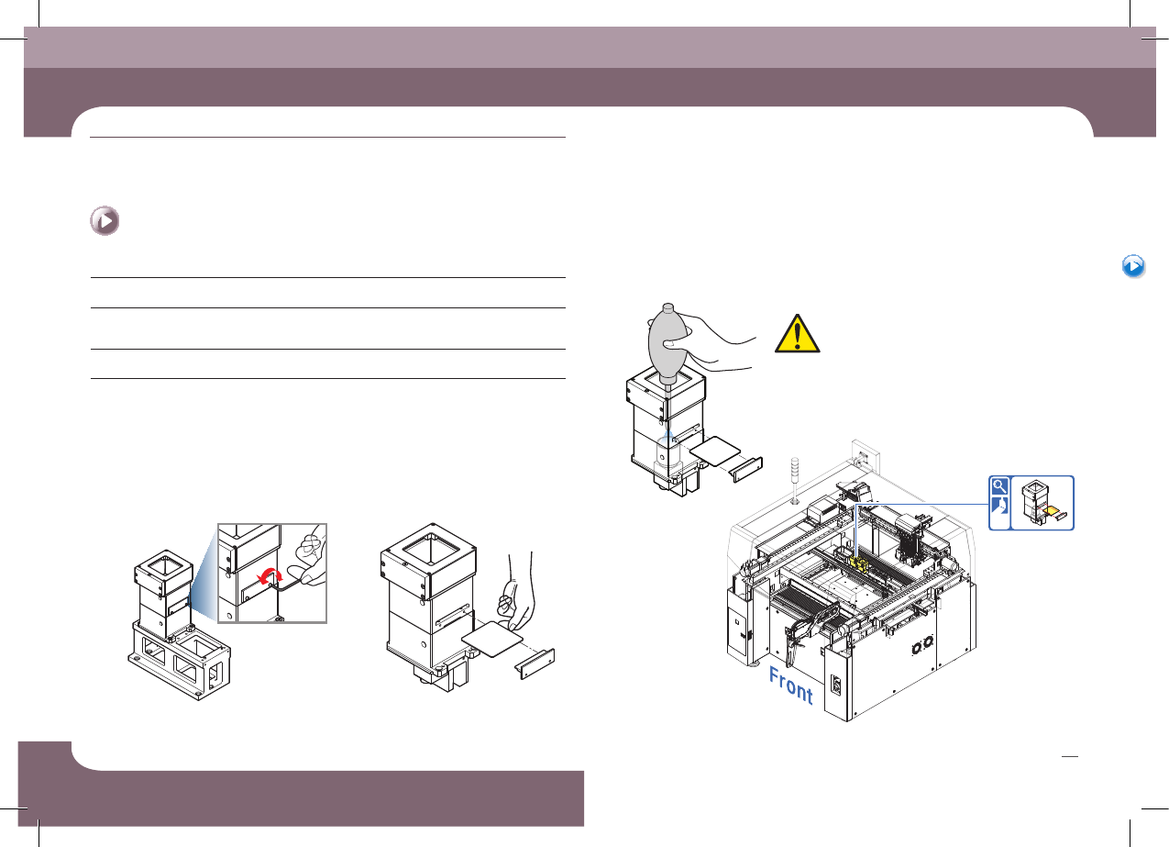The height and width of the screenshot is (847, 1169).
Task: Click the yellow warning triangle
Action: tap(797, 334)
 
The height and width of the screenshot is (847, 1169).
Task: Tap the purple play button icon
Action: tap(105, 221)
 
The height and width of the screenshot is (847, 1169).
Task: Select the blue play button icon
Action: tap(1133, 266)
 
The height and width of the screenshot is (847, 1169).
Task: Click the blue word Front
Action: tap(790, 685)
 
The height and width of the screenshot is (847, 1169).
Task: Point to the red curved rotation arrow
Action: tap(270, 576)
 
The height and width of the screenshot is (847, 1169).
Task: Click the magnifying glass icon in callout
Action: tap(998, 486)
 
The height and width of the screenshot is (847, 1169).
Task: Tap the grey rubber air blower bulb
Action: tap(668, 340)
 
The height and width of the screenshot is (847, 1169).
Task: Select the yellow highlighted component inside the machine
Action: tap(858, 563)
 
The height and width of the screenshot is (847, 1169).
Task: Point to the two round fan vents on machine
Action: tap(922, 645)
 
